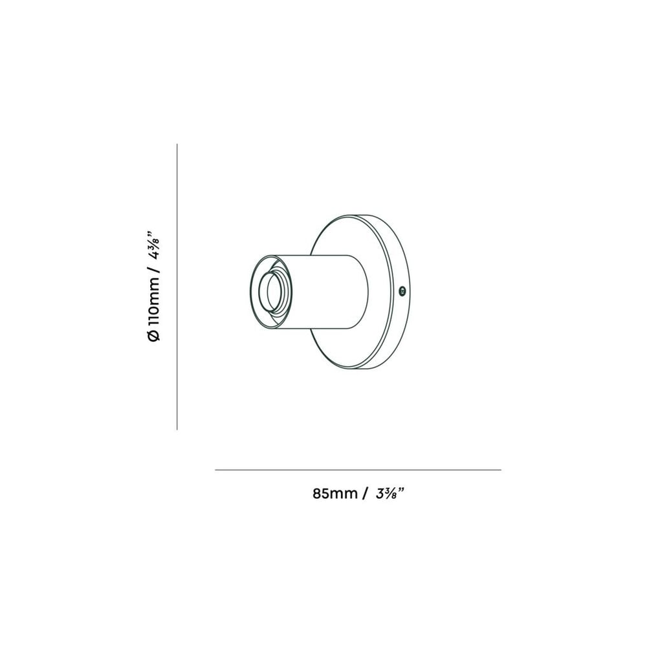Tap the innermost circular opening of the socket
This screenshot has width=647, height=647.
coord(270,292)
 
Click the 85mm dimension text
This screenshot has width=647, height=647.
coord(335,494)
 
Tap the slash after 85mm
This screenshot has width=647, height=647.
coord(366,494)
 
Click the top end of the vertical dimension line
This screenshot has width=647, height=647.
coord(177,145)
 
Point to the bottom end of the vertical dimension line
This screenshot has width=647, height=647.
coord(177,429)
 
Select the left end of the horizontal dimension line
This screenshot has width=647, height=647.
coord(216,470)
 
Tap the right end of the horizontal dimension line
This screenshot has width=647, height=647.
coord(500,470)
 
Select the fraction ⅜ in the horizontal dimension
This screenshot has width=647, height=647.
coord(391,494)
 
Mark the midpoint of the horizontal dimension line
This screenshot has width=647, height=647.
coord(358,470)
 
